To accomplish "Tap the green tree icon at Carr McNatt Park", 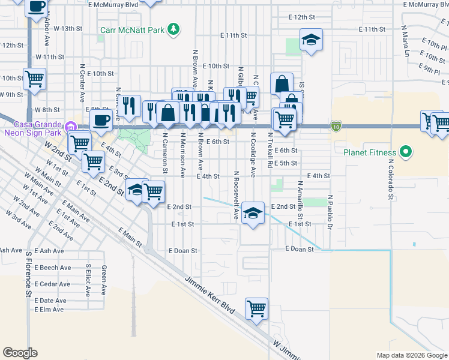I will click(173, 28).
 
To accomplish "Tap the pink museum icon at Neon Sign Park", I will click(71, 127).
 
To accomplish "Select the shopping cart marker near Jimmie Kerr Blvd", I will click(256, 309).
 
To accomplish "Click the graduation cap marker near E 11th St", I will click(311, 40).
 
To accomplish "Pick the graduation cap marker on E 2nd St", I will click(253, 213).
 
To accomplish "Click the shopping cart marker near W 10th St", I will click(34, 78).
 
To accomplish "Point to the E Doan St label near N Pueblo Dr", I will click(300, 248).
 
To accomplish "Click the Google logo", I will click(20, 353).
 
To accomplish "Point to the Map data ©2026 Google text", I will click(411, 355).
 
